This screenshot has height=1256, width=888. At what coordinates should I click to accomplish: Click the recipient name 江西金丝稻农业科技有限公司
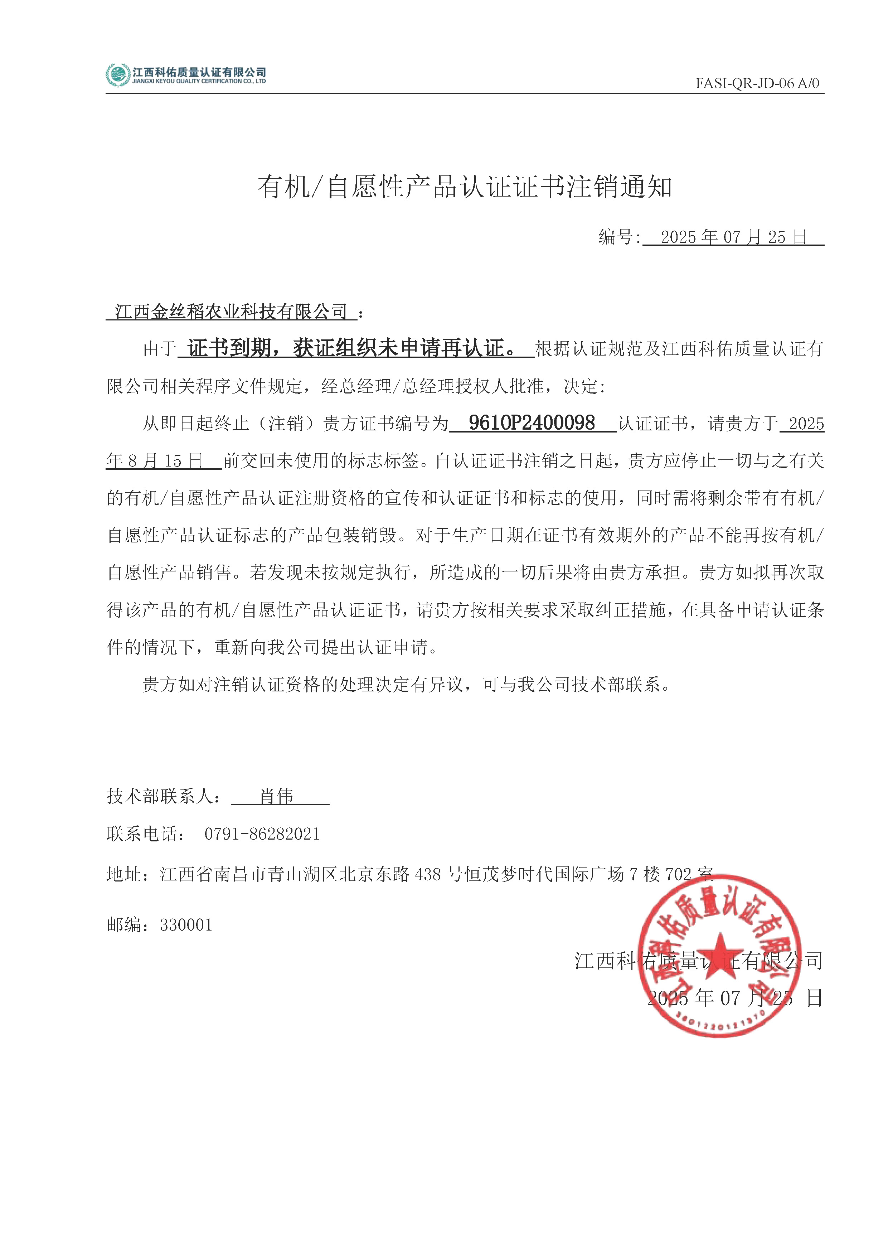231,312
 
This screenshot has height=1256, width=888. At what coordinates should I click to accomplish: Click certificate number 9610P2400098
532,423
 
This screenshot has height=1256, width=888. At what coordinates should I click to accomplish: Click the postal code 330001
186,925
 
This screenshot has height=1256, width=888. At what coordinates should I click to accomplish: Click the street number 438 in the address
428,874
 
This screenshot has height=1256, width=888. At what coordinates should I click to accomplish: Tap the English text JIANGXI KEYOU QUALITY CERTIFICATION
199,82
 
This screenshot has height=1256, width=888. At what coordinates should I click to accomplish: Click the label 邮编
124,925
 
